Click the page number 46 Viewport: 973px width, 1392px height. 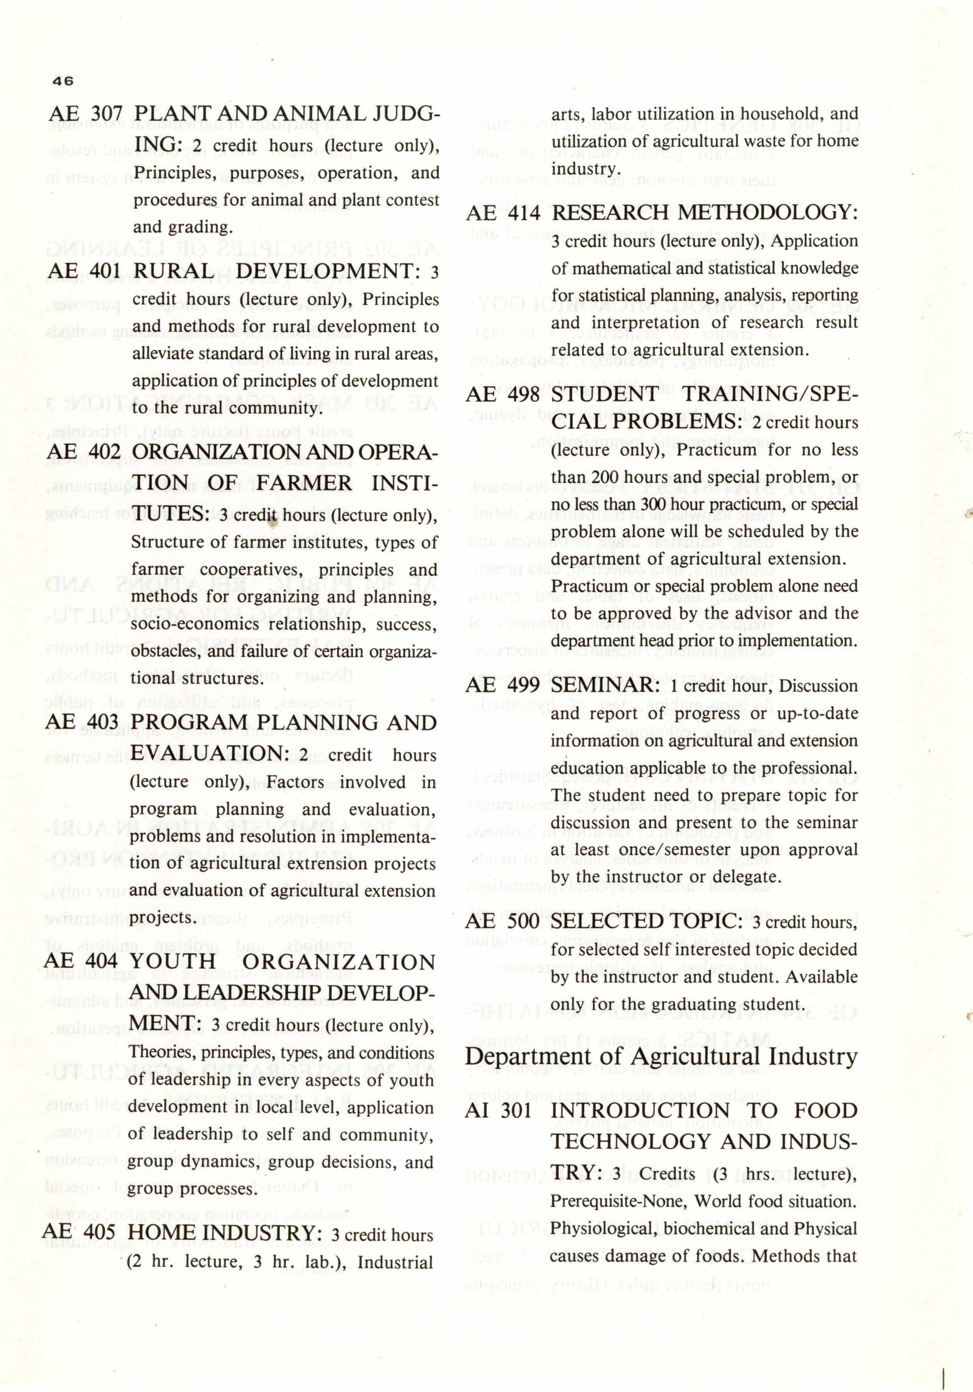63,81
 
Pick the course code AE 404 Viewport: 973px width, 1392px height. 82,962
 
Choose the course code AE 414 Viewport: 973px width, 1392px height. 503,213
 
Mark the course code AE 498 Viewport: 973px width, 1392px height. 503,395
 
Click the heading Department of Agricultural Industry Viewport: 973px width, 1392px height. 661,1057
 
